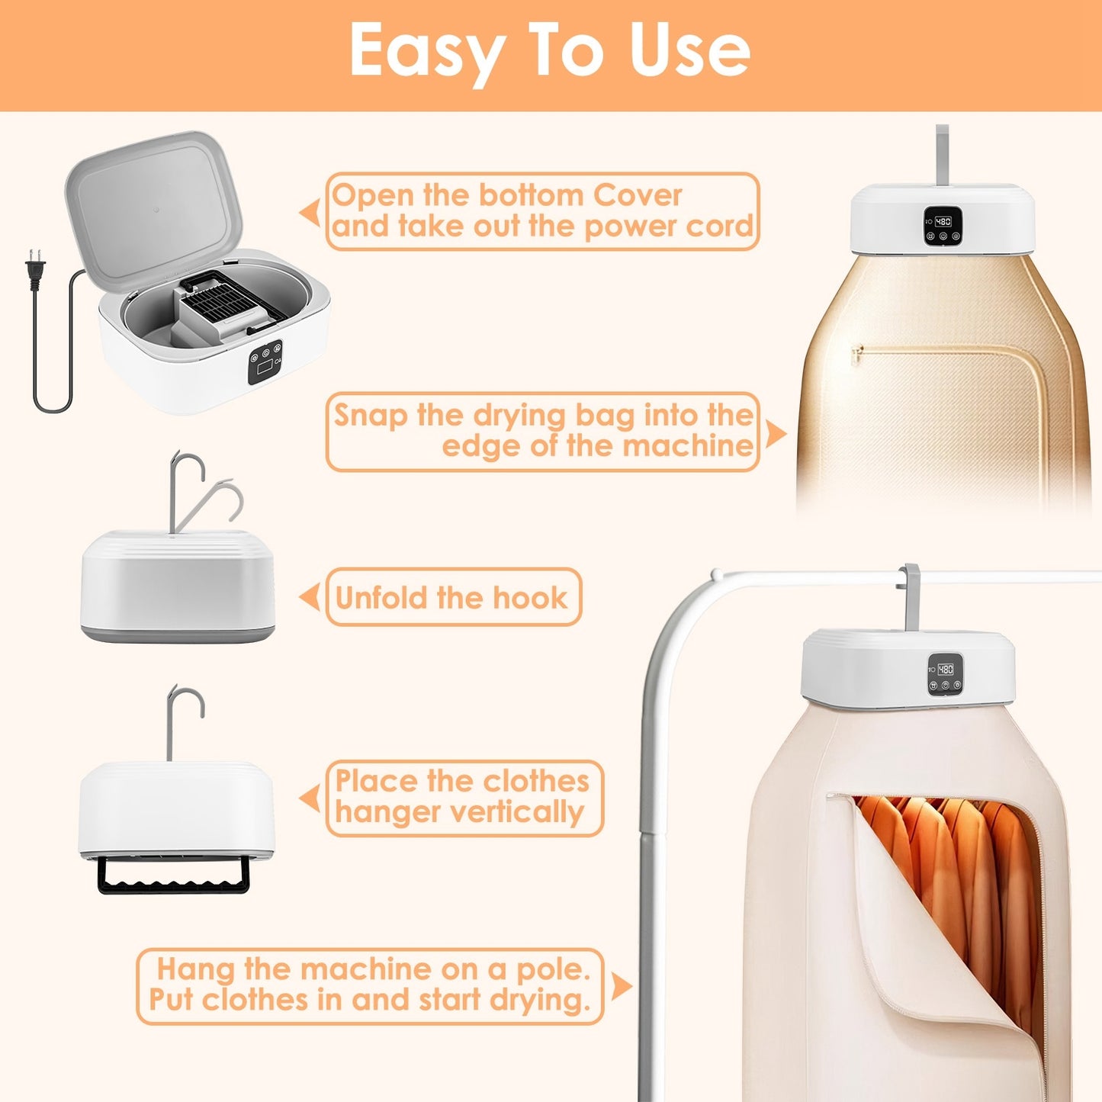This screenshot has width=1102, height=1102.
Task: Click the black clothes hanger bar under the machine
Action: pos(173,878)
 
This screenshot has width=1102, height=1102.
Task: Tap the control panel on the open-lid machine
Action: pos(265,361)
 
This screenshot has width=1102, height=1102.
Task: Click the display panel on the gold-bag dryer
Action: pos(943,227)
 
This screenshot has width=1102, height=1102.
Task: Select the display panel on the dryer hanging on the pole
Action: pos(945,674)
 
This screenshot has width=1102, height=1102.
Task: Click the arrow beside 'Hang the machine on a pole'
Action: pos(622,987)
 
